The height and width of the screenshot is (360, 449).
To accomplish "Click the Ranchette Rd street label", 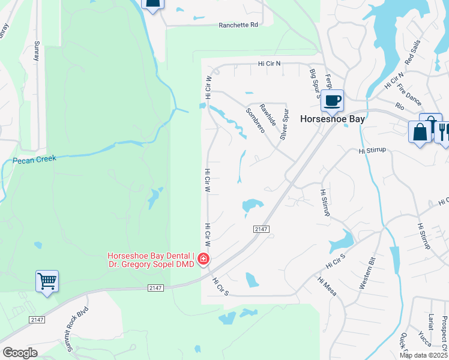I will (238, 25).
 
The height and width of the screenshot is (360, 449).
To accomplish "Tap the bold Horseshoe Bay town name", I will (332, 119).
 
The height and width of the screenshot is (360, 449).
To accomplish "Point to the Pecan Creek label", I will (35, 159).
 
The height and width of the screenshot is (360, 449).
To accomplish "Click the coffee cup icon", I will (332, 100).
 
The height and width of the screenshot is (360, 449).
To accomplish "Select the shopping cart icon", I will (47, 281).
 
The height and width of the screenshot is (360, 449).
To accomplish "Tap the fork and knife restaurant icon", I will (443, 131).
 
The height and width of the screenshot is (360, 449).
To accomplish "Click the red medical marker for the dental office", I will (204, 259).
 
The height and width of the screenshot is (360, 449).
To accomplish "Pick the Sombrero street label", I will (256, 121).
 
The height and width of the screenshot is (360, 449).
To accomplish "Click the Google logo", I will (20, 353).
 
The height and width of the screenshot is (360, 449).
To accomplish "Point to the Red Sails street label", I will (412, 55).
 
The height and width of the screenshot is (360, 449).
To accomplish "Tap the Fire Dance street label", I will (409, 92).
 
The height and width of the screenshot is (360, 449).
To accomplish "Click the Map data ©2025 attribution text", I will (424, 355).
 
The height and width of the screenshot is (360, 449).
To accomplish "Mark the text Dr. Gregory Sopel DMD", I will (151, 264).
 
